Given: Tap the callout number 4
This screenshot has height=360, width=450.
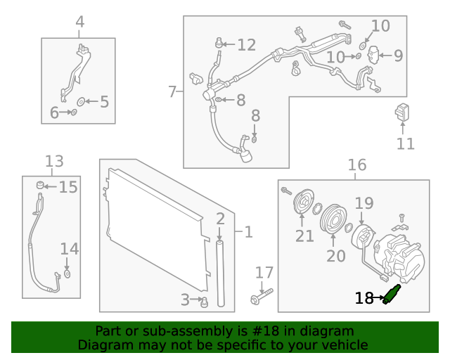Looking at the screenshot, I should (x=79, y=22).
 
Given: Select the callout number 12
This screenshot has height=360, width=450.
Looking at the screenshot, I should (x=246, y=45).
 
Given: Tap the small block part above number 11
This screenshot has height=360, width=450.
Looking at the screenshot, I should (x=403, y=112).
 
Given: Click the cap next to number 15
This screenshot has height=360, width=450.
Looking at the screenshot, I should (x=41, y=186).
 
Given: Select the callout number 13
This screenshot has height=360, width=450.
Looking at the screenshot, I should (x=54, y=162).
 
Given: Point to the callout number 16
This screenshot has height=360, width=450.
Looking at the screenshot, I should (x=357, y=165).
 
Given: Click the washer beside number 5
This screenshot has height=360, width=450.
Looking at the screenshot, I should (x=80, y=102).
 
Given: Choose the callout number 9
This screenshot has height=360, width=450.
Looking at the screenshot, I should (x=398, y=55).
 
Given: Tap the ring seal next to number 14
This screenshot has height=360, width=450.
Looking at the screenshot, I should (x=67, y=273).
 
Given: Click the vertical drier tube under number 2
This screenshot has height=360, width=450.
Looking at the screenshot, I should (x=220, y=274).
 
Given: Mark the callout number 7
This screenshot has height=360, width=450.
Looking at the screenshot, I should (x=173, y=91).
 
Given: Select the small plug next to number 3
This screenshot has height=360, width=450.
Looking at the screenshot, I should (x=205, y=302).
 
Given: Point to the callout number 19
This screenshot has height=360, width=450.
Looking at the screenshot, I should (x=364, y=204).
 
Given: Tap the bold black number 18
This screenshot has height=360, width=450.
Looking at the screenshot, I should (x=364, y=298).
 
